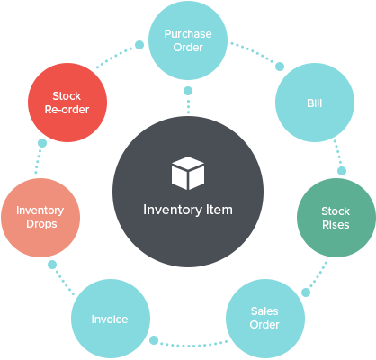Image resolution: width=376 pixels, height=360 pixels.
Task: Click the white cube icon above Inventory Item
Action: [x=188, y=173]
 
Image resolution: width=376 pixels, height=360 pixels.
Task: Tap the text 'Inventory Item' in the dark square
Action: [x=188, y=210]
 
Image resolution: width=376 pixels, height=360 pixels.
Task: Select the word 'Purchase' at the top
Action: [x=188, y=33]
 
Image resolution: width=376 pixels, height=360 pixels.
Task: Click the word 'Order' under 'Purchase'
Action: [x=188, y=47]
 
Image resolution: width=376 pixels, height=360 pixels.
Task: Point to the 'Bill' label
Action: [x=314, y=103]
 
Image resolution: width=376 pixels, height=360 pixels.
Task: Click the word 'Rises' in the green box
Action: [x=336, y=225]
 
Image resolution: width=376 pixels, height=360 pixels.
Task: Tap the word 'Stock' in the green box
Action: [x=336, y=211]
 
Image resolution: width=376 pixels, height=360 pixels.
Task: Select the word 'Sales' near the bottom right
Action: [x=264, y=310]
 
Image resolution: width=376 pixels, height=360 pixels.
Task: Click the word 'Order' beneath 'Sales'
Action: [x=264, y=324]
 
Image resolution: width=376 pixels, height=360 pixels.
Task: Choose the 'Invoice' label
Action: [x=110, y=319]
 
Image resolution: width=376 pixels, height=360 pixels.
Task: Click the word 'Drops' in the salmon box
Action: [x=40, y=224]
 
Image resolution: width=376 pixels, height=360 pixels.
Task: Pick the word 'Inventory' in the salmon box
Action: [x=40, y=211]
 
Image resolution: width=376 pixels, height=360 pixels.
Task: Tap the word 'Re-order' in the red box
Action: [x=67, y=110]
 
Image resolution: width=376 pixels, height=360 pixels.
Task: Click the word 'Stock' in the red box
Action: [x=67, y=96]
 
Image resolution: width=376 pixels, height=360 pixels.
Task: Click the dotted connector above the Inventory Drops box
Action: [x=39, y=161]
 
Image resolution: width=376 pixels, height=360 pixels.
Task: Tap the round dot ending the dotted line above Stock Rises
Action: [x=341, y=170]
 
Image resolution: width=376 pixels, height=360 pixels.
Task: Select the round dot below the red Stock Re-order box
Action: [x=41, y=142]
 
